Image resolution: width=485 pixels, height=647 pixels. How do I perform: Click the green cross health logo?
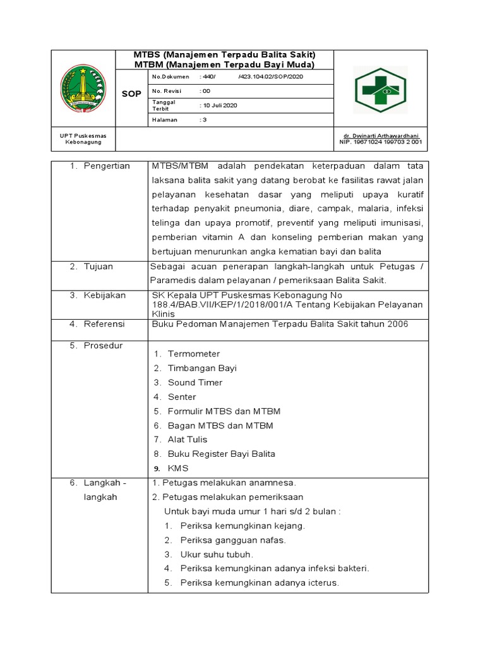point(380,90)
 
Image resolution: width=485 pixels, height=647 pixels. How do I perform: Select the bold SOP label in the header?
point(131,94)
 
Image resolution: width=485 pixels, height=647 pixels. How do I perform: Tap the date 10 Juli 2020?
point(219,105)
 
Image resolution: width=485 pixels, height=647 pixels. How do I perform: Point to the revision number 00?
point(205,91)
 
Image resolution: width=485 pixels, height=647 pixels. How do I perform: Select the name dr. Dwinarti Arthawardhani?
point(381,136)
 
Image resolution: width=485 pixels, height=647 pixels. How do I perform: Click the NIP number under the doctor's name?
point(380,142)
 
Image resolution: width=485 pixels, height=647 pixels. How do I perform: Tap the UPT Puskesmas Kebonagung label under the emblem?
point(83,139)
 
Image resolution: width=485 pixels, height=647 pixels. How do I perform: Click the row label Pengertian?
point(107,166)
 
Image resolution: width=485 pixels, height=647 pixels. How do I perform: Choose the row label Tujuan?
point(99,267)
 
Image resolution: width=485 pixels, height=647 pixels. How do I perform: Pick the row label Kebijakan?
point(105,295)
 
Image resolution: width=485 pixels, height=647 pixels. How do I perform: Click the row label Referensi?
point(104,324)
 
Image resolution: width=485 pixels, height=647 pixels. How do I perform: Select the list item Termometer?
point(194,354)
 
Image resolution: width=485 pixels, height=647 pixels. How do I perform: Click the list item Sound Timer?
point(195,382)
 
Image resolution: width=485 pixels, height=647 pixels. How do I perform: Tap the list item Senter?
point(182,397)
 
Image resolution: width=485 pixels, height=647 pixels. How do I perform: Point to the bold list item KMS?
point(178,468)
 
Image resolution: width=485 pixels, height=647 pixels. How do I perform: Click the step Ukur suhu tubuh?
point(217,554)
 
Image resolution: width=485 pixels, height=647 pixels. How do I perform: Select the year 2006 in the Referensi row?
point(397,324)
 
